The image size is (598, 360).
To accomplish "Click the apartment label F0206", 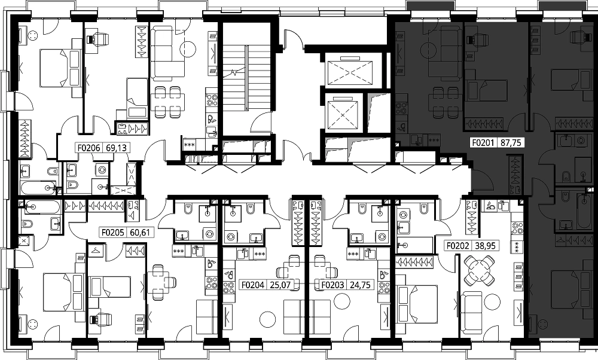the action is (x=89, y=147).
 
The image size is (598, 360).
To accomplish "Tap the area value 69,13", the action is (x=115, y=147).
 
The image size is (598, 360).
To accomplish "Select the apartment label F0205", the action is (x=112, y=232).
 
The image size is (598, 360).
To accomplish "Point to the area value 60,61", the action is (x=139, y=232).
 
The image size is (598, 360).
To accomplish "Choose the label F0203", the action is (x=333, y=285).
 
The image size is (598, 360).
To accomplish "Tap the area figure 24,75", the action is (x=359, y=285).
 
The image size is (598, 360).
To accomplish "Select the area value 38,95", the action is (x=485, y=246).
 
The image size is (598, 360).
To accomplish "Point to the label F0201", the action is (x=483, y=143).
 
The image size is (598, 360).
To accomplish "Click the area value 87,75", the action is (x=510, y=143).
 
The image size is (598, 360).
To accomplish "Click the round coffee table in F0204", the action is (x=267, y=319).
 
